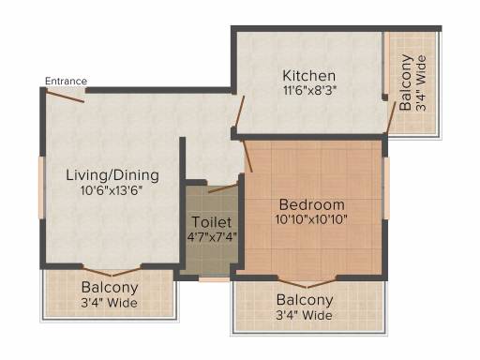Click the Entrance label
[66, 82]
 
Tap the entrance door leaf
[65, 96]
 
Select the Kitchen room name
[308, 76]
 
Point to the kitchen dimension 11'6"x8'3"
[309, 91]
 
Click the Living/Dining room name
[112, 175]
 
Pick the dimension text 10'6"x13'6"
[112, 190]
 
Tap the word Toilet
[212, 222]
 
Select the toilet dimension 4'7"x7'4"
[212, 237]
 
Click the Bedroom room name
[311, 204]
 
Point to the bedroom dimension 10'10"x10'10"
[311, 219]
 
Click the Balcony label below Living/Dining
[110, 288]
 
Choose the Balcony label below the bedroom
[305, 300]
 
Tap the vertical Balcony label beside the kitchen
[406, 82]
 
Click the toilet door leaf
[223, 188]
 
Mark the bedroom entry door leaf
[247, 157]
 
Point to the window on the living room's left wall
[41, 187]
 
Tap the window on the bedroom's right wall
[387, 188]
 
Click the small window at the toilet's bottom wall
[215, 279]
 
